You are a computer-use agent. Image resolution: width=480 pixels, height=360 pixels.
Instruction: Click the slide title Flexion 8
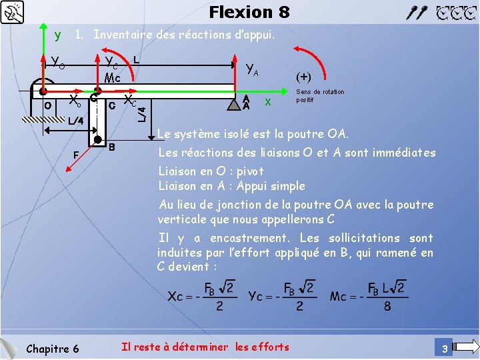point(249,12)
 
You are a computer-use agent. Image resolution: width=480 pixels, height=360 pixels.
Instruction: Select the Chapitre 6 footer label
point(52,349)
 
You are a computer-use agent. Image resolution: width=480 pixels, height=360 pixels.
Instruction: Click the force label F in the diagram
point(76,154)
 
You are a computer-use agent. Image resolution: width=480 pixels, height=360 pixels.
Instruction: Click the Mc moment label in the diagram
point(112,78)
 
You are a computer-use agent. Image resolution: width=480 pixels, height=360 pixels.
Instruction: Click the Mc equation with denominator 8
point(368,296)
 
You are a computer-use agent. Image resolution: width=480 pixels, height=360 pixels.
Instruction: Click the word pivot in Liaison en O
point(250,171)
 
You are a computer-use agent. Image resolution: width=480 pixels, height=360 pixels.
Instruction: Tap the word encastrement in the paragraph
point(249,238)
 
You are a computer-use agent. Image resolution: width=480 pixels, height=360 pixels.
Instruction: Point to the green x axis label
point(268,101)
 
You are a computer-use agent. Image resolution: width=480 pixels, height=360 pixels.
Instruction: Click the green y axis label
point(58,34)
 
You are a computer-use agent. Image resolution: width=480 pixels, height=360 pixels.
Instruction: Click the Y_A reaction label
point(252,68)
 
